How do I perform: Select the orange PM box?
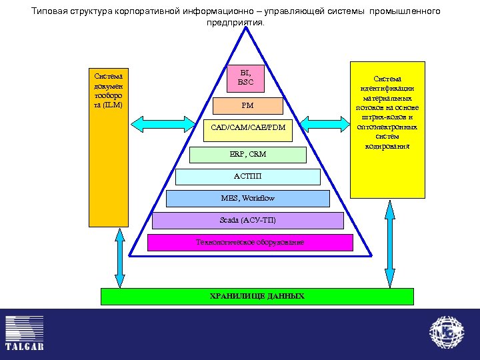click(248, 106)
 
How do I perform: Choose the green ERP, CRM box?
click(248, 155)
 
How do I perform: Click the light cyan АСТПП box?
click(248, 177)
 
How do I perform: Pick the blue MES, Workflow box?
click(248, 198)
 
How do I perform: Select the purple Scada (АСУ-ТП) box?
click(248, 221)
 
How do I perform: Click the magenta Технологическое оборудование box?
click(250, 242)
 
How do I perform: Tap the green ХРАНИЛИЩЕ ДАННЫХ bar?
click(257, 296)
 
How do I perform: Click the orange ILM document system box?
click(108, 147)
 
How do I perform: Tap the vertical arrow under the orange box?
click(120, 257)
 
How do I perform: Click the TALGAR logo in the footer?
click(25, 333)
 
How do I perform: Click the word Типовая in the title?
click(50, 12)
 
